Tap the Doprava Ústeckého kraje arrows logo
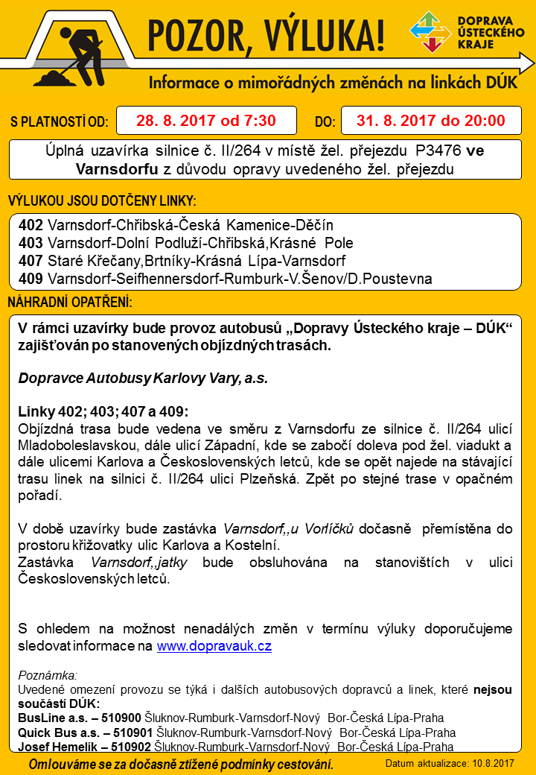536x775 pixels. (x=430, y=32)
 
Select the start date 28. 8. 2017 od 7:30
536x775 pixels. (x=206, y=120)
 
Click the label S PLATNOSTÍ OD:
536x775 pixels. (x=60, y=121)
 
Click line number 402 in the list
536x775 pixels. (x=31, y=225)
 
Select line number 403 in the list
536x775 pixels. (x=31, y=243)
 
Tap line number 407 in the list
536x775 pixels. (x=31, y=261)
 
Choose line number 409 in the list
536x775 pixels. (x=31, y=279)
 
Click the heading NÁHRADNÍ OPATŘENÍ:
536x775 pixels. (x=70, y=302)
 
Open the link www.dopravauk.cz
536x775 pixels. (x=214, y=646)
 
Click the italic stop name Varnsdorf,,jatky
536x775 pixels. (x=134, y=561)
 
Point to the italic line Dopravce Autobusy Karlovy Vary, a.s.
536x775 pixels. (x=143, y=378)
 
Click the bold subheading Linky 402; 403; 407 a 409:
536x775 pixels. (x=103, y=412)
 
